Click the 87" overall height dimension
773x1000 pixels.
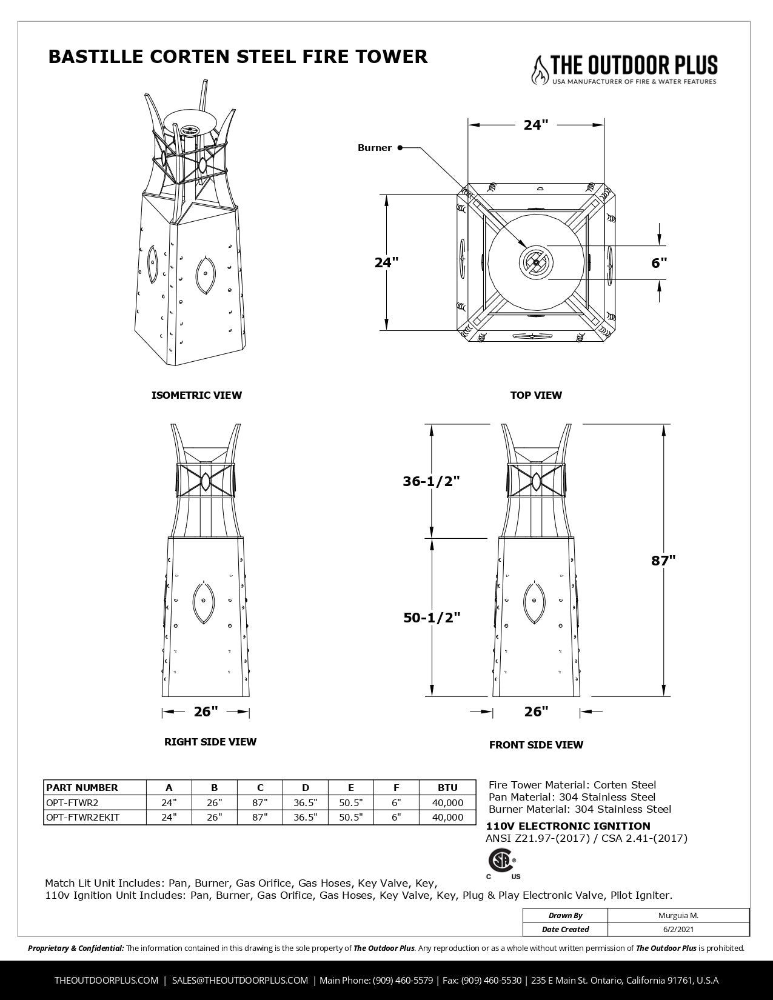pos(663,561)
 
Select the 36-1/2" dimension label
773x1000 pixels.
pos(432,481)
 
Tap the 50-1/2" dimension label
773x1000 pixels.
pos(432,618)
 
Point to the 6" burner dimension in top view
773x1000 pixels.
pos(659,263)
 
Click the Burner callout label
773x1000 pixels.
pos(375,148)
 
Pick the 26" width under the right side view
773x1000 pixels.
pos(206,712)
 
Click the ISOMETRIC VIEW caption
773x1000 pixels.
pos(196,395)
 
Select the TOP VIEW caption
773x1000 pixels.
pos(536,395)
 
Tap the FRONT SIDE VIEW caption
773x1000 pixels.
pos(536,745)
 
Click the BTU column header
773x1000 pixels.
pos(447,787)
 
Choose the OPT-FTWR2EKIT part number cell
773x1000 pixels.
pos(83,817)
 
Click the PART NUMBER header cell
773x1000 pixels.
pos(82,787)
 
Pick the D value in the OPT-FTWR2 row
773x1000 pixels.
pos(305,802)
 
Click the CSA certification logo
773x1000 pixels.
pos(502,861)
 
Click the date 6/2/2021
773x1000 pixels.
pos(678,928)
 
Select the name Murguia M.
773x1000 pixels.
pos(678,915)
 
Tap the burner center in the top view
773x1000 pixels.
pos(536,263)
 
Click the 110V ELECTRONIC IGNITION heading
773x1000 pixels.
pos(568,826)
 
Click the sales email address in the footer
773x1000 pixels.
pos(240,980)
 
